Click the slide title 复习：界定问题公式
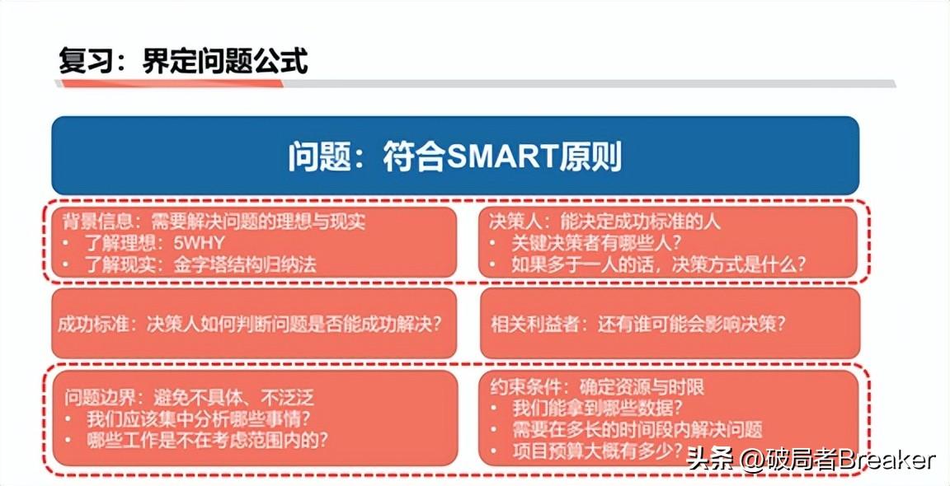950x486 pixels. (183, 60)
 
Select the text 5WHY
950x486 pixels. (198, 243)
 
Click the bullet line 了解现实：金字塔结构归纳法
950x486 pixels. (200, 264)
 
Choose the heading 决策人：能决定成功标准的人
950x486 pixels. (604, 222)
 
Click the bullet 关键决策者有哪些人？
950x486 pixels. (597, 243)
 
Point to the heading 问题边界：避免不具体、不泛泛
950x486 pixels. (189, 398)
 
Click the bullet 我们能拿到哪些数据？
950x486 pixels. (598, 409)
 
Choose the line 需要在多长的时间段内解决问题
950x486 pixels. (637, 430)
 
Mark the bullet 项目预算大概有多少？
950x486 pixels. (598, 451)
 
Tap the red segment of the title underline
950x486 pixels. (170, 83)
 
